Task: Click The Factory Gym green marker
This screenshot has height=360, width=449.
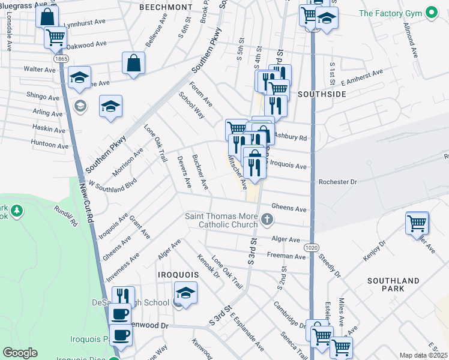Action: pyautogui.click(x=430, y=13)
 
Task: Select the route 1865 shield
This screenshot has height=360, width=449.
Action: pyautogui.click(x=60, y=59)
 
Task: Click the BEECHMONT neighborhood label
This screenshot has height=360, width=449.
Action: pyautogui.click(x=166, y=7)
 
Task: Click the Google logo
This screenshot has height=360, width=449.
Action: pyautogui.click(x=20, y=353)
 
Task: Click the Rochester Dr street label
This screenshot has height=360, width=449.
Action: pyautogui.click(x=338, y=182)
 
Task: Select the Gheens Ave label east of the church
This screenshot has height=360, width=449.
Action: pyautogui.click(x=289, y=209)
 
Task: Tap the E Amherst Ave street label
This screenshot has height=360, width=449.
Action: pyautogui.click(x=361, y=78)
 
